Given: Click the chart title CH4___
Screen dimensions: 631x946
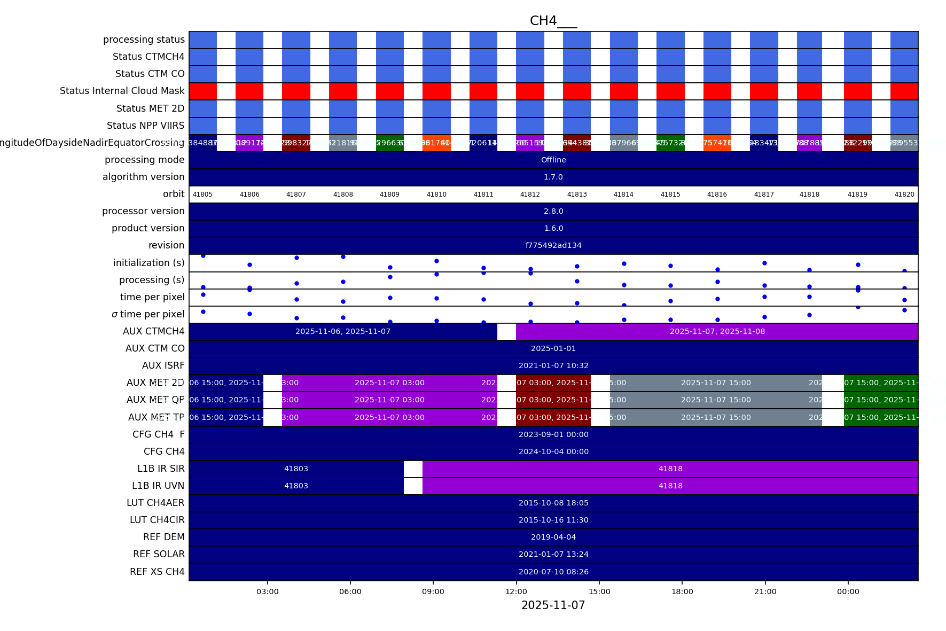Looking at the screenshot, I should coord(553,21).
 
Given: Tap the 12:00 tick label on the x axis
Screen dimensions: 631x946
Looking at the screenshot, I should coord(516,591).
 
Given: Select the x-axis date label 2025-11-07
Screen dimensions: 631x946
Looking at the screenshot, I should coord(553,605).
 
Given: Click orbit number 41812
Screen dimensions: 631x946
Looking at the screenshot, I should coord(530,194).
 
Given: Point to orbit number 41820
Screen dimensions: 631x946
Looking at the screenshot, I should coord(904,194).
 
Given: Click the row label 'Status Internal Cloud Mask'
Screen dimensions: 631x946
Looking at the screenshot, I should coord(122,91).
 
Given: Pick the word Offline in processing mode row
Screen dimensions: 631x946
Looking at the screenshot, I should coord(553,160).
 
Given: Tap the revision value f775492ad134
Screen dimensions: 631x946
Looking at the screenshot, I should coord(553,245).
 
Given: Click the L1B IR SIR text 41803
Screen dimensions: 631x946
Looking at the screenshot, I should coord(296,469).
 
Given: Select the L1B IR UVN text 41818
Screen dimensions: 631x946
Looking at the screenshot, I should coord(670,486).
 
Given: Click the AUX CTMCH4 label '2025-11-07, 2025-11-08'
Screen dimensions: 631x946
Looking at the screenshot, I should coord(717,331).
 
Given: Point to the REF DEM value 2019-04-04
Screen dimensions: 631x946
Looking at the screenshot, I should coord(553,537).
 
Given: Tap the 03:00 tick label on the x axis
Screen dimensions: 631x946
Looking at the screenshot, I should coord(267,591).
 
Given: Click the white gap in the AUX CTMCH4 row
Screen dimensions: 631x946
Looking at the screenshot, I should coord(506,331).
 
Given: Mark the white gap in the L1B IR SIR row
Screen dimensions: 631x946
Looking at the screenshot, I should coord(413,469).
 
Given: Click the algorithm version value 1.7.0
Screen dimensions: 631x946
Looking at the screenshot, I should coord(553,177).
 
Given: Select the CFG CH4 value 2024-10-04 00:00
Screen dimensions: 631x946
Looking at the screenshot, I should coord(553,451).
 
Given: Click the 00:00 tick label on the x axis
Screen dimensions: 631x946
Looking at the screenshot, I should coord(848,591).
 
